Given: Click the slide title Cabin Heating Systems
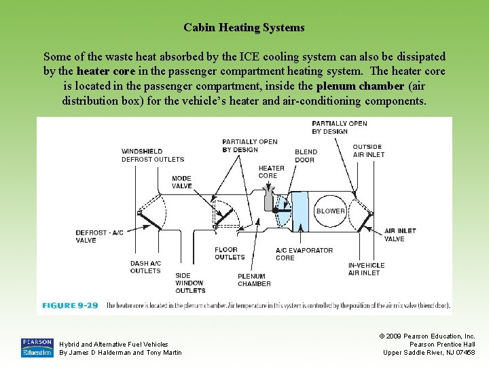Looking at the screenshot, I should point(244,28).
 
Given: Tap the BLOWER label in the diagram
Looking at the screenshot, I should point(331,211).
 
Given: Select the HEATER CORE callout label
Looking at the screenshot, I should point(272,172).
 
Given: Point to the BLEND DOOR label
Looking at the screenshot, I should point(305,156).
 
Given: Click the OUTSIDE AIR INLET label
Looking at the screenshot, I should point(368,150).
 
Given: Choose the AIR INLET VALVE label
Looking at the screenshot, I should point(400,235).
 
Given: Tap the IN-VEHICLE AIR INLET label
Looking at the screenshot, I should point(366,269).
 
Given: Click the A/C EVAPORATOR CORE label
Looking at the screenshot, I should point(304,254).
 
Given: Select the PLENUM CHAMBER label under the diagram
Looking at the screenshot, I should point(254,280).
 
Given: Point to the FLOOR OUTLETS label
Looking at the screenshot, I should point(230,254).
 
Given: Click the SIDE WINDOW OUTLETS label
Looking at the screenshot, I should point(189,282).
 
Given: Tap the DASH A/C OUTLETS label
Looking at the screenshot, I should point(145,267).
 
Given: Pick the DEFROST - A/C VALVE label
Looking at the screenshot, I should point(99,237).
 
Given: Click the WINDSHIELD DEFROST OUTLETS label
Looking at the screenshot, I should point(153,155).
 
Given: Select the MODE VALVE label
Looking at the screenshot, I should point(181,182).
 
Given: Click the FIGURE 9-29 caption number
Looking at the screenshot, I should point(70,306).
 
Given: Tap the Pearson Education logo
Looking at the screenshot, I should point(37,347).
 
